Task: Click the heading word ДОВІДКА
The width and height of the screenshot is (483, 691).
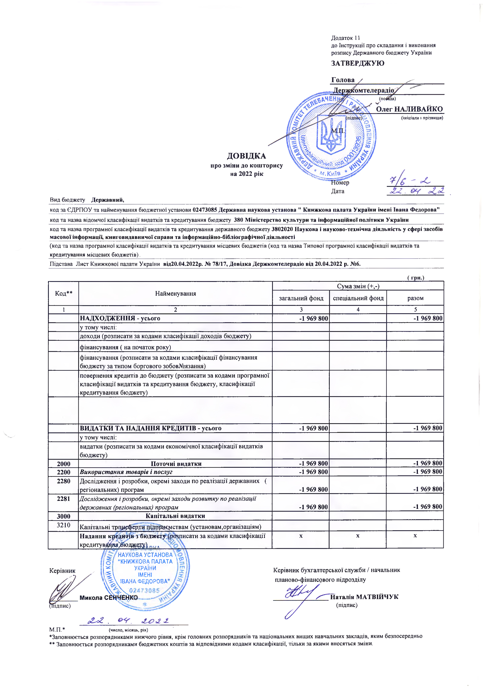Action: coord(246,156)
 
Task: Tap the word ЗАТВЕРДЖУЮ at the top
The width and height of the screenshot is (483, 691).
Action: coord(357,63)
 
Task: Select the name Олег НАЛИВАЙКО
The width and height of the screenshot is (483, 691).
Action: coord(409,109)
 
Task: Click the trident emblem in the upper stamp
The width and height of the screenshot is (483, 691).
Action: coord(331,134)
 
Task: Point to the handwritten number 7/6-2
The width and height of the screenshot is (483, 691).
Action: coord(410,181)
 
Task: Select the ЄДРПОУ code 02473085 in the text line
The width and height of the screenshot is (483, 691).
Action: coord(205,210)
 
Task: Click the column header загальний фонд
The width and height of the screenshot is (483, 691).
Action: coord(301,298)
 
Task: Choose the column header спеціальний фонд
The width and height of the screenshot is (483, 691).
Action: coord(358,298)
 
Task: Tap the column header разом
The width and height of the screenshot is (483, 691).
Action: coord(415,298)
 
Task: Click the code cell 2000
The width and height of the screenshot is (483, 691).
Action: coord(64,464)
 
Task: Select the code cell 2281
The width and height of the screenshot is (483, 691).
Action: coord(64,499)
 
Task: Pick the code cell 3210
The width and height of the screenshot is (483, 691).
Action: coord(64,525)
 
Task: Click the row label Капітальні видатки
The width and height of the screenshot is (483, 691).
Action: coord(175,516)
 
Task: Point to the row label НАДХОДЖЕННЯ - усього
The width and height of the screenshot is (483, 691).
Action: coord(120,318)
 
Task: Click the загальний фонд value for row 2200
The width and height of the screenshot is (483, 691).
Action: coord(313,472)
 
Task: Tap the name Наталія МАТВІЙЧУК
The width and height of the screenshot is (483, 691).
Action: coord(364,597)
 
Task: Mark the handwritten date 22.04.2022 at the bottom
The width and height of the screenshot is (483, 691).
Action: coord(128,621)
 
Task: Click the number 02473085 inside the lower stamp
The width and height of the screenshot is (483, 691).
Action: coord(144,591)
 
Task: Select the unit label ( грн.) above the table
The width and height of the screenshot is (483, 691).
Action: coord(415,278)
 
